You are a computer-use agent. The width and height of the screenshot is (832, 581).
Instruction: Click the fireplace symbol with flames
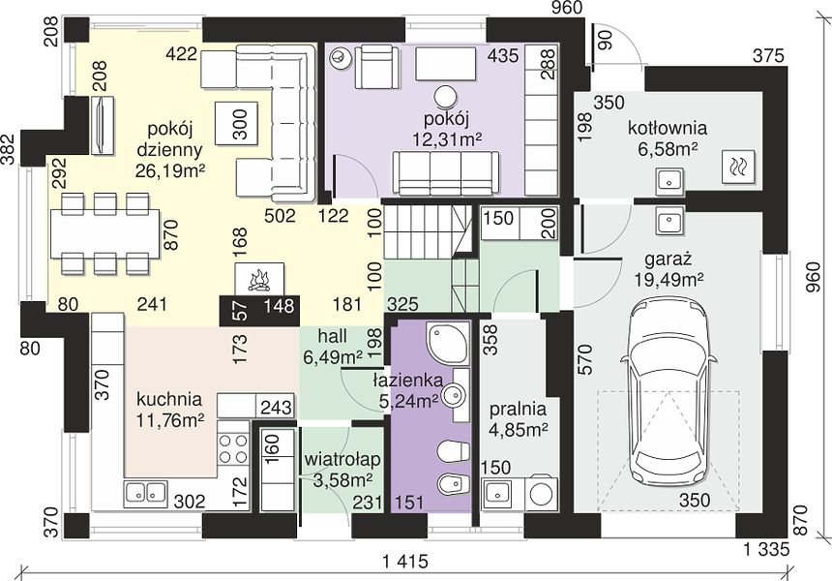260,279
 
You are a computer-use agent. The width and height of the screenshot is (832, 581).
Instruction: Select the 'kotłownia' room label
668,128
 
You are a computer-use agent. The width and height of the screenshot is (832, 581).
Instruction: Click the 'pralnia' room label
518,409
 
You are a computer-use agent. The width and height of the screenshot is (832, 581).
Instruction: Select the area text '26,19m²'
171,172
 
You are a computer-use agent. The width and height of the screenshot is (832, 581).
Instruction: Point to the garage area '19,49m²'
669,279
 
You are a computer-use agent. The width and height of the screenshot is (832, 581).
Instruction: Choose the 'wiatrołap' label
342,460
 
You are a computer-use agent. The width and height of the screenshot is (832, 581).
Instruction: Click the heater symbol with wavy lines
738,167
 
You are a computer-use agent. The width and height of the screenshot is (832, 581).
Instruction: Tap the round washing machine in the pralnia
542,494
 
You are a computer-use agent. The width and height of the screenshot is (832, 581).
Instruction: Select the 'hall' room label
332,336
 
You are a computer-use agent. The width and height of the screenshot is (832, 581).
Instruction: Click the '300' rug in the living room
237,123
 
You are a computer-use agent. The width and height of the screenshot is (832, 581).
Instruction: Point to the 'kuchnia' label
169,398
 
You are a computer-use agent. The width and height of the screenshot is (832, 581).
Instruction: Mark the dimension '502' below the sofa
280,216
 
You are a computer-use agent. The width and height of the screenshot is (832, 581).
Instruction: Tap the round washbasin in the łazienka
454,394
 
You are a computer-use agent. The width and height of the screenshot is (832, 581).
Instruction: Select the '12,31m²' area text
447,138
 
